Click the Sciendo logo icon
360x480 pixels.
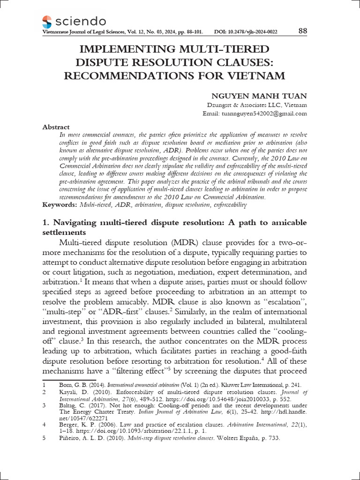click(x=47, y=21)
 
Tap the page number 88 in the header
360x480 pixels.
click(x=302, y=31)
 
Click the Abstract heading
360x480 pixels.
click(x=56, y=127)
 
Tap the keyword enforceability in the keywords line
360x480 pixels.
click(x=230, y=205)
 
